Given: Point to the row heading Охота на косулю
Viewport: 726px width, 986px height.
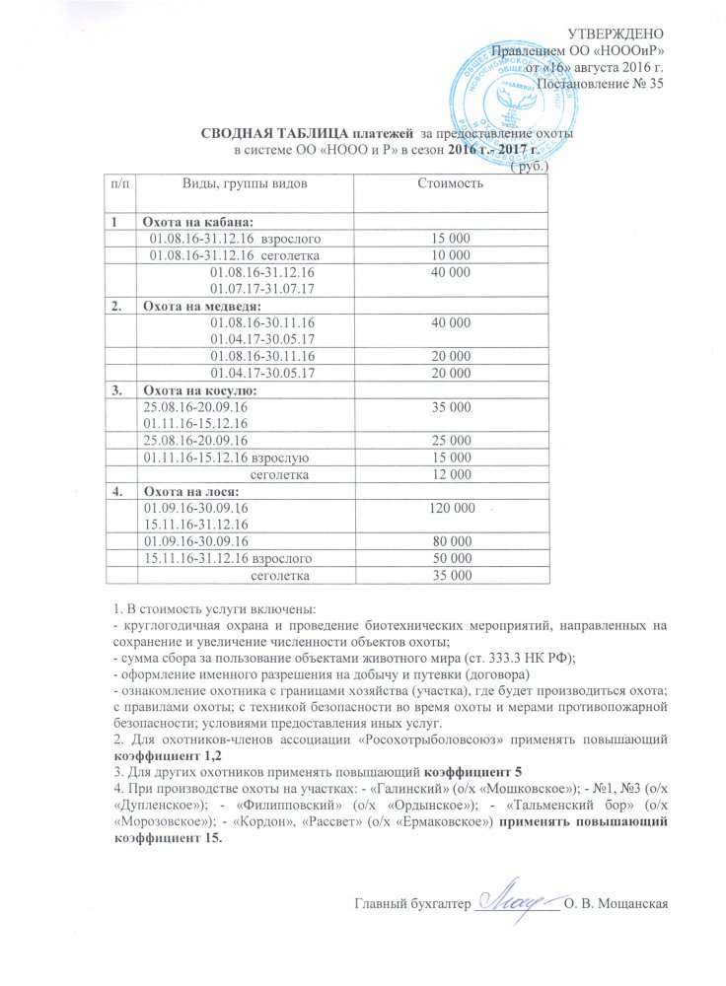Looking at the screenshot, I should click(x=194, y=390).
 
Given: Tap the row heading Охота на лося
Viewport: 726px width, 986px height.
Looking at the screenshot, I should click(x=187, y=490).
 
